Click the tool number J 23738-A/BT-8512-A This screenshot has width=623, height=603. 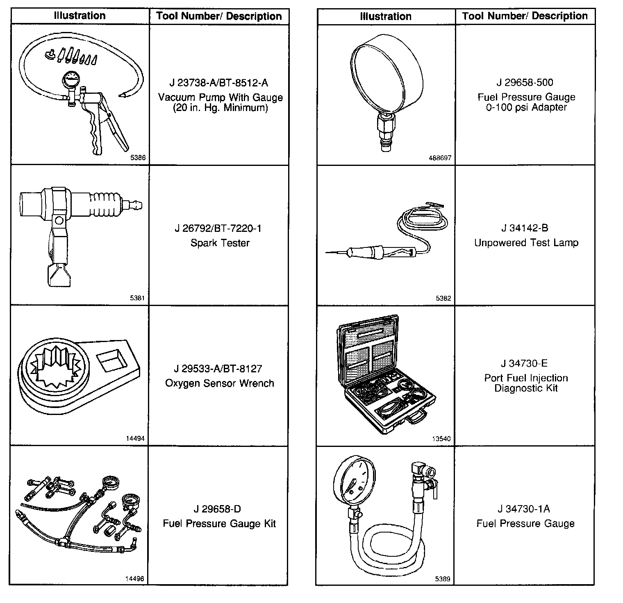(x=219, y=83)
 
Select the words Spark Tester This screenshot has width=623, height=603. (x=220, y=243)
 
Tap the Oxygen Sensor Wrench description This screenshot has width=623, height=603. (x=219, y=383)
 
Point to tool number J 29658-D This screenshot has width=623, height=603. (x=217, y=509)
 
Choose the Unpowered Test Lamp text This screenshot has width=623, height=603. (x=526, y=243)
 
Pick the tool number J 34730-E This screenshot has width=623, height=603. (x=524, y=363)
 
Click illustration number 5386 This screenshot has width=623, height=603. (x=137, y=158)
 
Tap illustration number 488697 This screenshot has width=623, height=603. (x=440, y=158)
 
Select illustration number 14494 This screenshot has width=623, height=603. (x=135, y=438)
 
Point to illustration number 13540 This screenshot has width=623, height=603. (x=441, y=439)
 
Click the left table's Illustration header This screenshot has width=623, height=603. (x=80, y=16)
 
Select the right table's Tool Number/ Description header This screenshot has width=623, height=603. (x=525, y=16)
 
